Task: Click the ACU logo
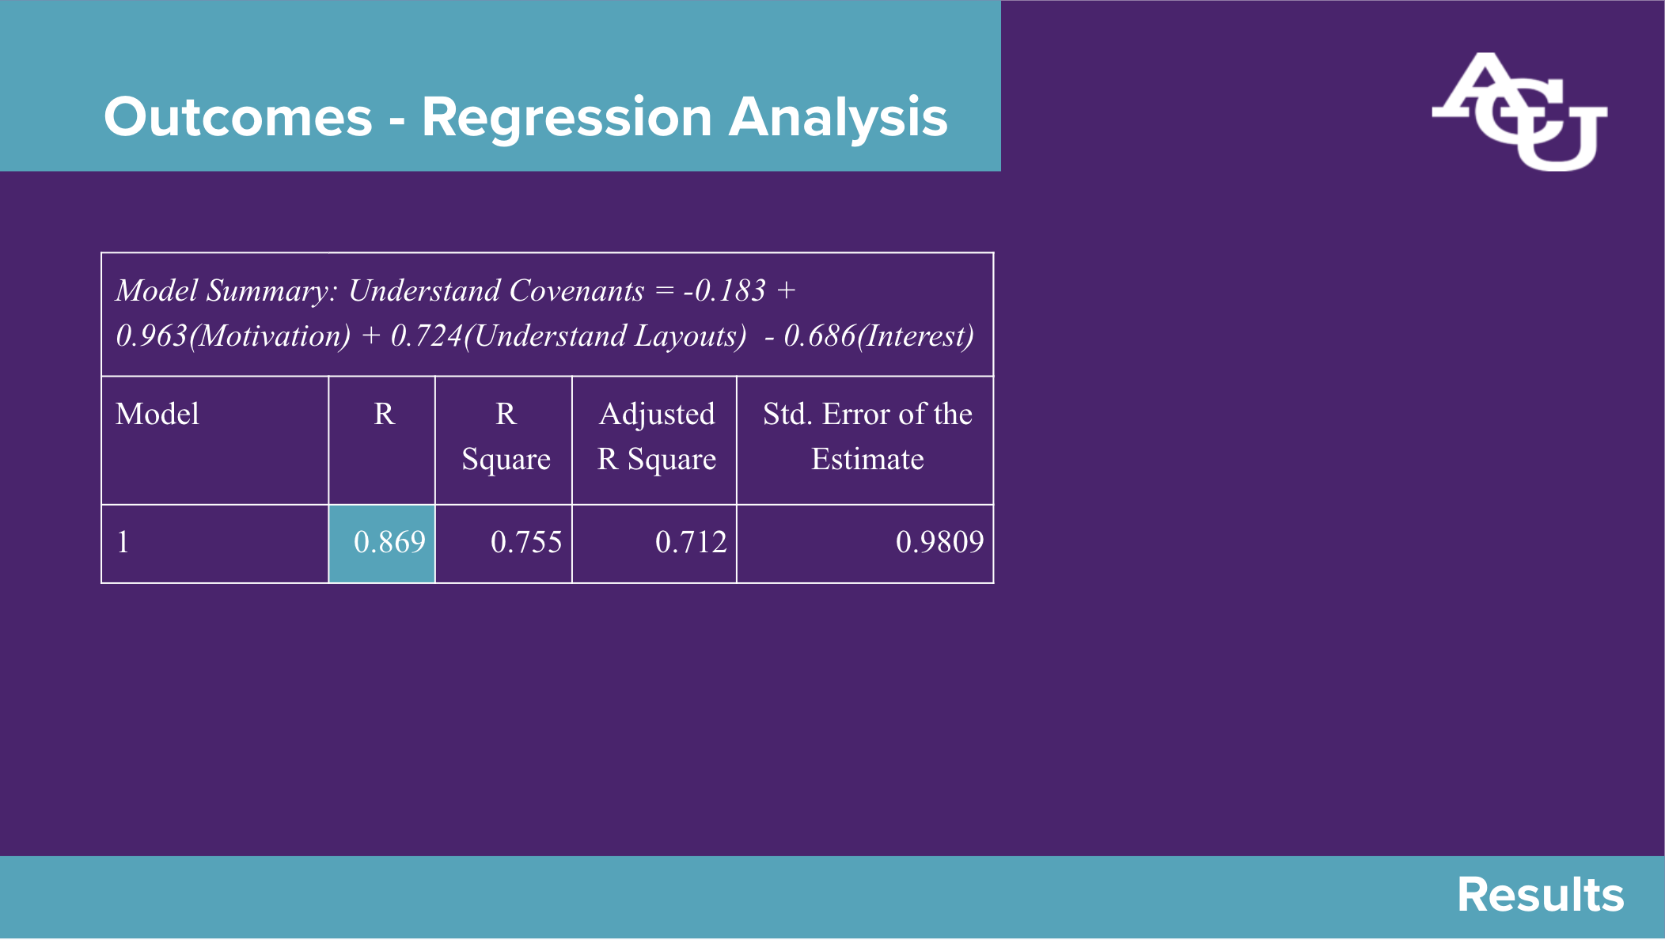point(1519,112)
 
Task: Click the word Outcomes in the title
point(238,117)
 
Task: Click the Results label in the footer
point(1541,895)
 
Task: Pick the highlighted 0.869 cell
point(382,544)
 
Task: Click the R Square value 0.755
point(526,542)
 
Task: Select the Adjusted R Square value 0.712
point(691,542)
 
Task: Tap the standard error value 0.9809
point(939,542)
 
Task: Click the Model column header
point(157,414)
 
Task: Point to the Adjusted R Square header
point(657,436)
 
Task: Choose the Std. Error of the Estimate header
point(867,436)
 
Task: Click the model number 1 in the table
point(123,542)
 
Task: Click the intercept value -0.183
point(725,290)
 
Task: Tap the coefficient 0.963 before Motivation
point(151,335)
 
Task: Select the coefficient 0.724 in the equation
point(427,335)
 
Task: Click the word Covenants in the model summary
point(577,290)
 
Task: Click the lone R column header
point(384,414)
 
